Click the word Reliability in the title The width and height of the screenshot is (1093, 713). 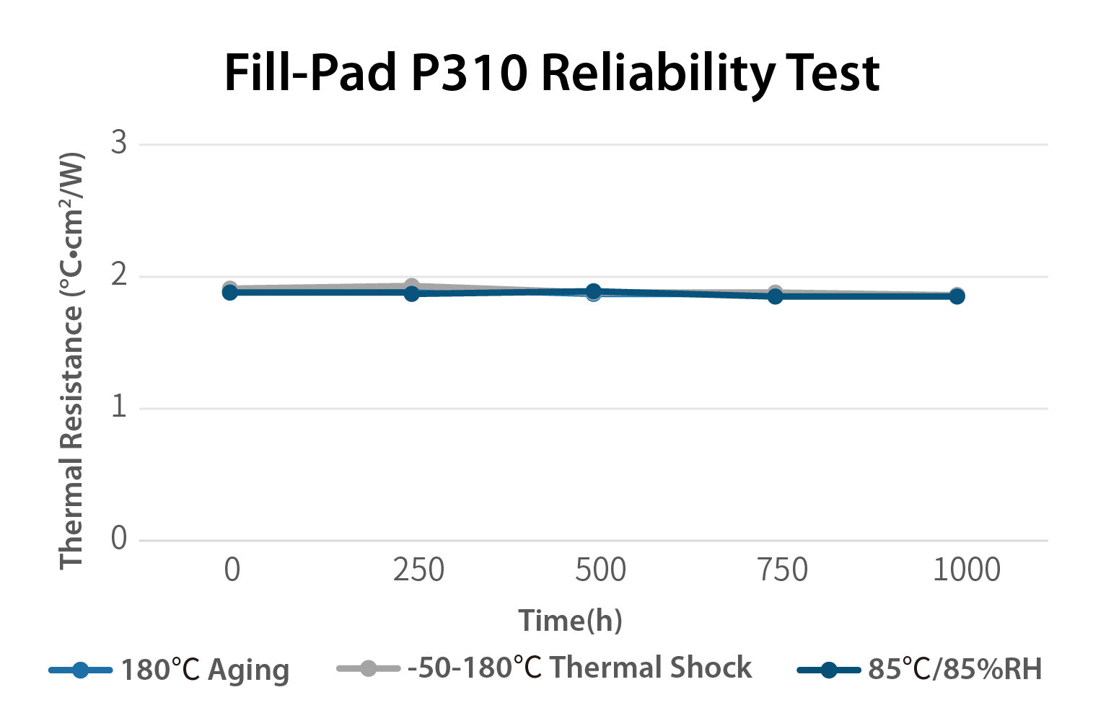point(657,74)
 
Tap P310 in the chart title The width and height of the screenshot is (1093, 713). point(469,74)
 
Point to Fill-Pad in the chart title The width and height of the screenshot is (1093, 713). point(310,74)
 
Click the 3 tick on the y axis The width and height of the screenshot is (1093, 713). point(119,143)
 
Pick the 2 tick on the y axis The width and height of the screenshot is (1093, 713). point(119,275)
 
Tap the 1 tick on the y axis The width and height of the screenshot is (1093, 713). point(119,407)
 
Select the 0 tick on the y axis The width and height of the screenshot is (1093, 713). point(119,539)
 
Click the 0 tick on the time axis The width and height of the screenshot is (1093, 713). point(232,570)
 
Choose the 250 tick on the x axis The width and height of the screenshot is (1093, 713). point(418,570)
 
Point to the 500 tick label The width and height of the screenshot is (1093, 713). point(600,570)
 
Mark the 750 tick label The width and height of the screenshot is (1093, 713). point(782,570)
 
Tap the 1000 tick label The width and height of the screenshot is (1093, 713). point(966,570)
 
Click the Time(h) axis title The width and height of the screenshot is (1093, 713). point(570,621)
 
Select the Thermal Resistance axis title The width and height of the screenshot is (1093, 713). point(71,360)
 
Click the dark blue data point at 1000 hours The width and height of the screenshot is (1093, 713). point(957,296)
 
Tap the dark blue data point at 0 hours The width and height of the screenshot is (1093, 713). point(230,292)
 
